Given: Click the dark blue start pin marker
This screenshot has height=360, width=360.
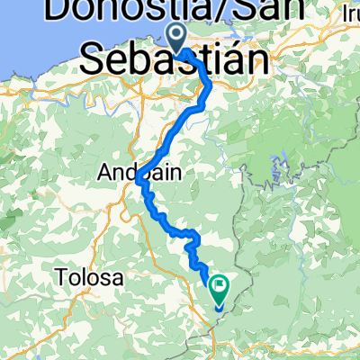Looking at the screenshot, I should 175,36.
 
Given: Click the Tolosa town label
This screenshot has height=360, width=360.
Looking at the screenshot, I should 88,278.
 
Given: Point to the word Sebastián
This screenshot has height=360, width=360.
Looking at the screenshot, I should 176,61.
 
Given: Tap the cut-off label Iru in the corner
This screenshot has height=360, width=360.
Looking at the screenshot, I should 347,13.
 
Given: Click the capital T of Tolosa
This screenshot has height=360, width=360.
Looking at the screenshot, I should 61,278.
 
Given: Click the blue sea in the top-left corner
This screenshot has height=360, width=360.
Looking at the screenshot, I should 22,36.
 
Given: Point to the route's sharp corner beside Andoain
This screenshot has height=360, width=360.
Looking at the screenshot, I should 140,180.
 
